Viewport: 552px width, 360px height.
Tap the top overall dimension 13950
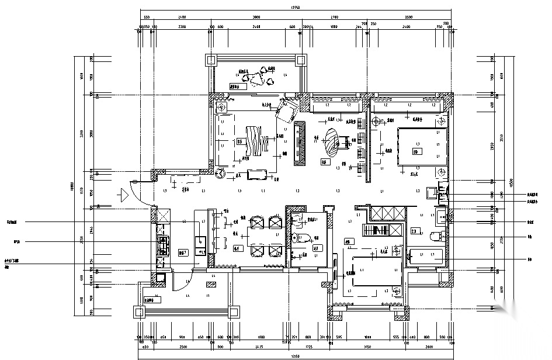point(296,8)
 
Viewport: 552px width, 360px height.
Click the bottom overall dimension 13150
point(296,356)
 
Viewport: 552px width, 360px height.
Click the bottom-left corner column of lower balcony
point(140,311)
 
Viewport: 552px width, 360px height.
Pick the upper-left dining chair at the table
point(256,222)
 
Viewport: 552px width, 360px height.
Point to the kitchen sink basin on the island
point(200,240)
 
